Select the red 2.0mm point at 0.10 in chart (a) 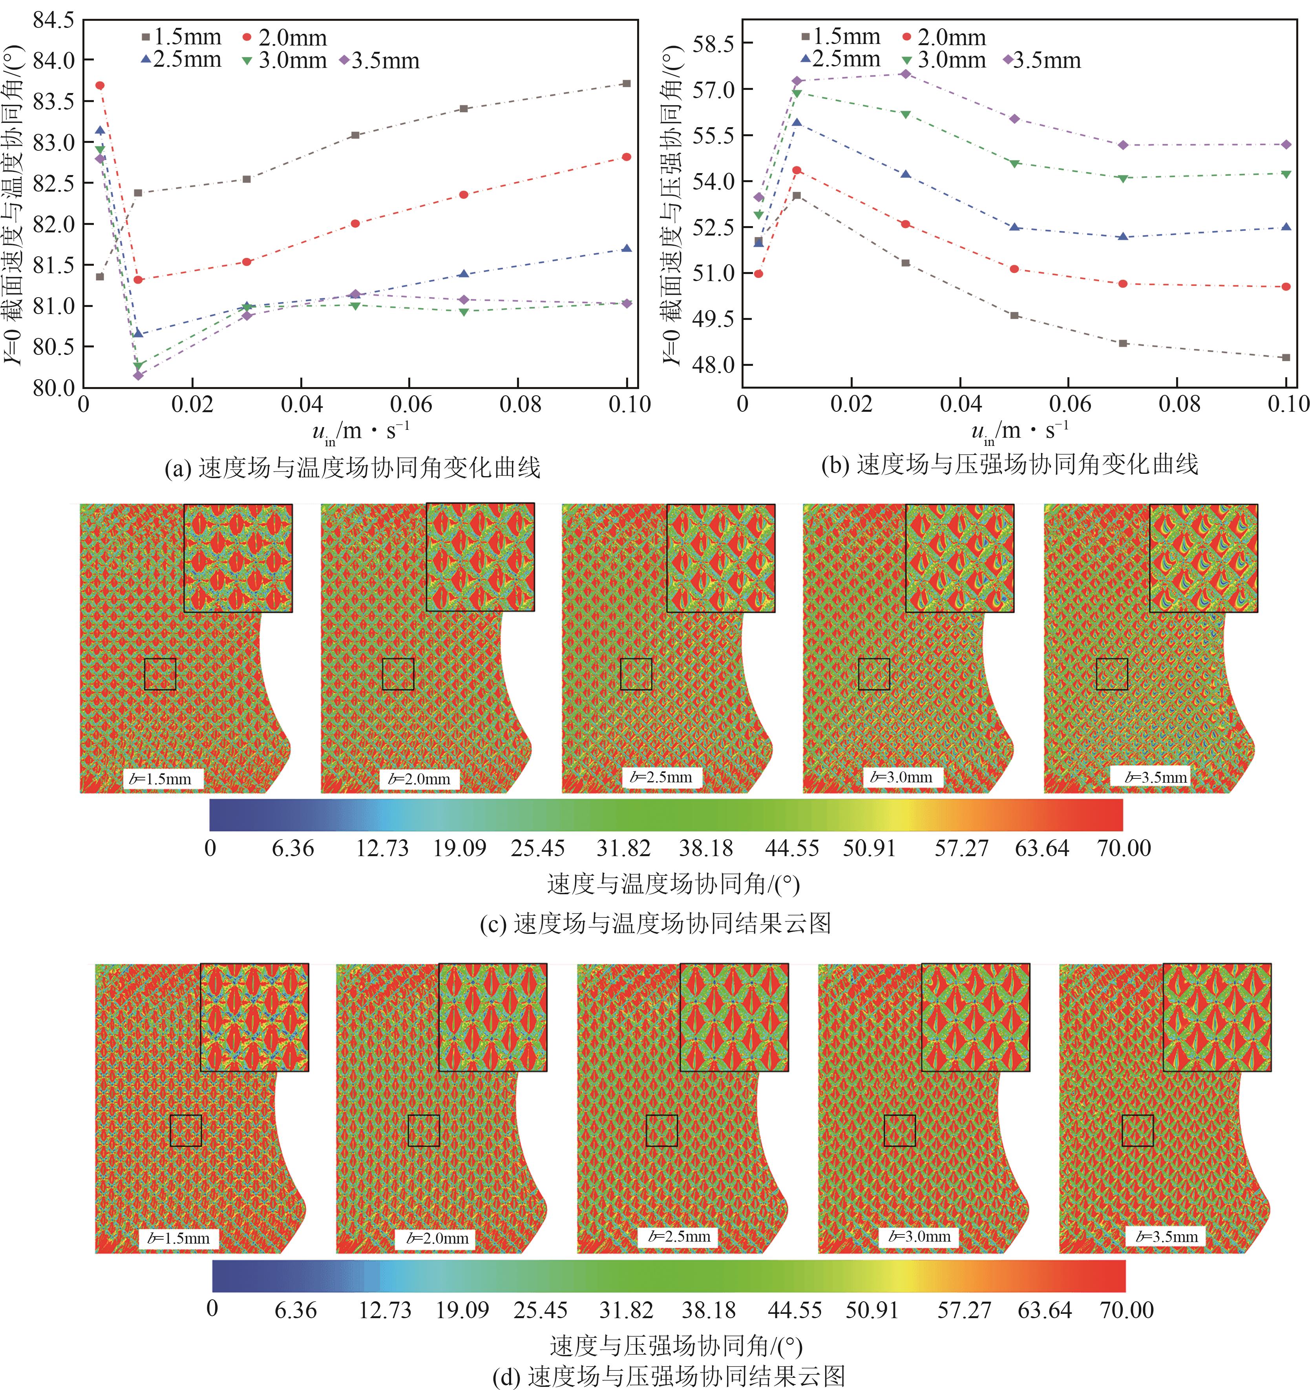(627, 157)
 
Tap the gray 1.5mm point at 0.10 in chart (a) (627, 83)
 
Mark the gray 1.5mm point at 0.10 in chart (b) (1286, 357)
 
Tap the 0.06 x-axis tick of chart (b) (1069, 404)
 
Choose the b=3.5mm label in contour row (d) (1166, 1237)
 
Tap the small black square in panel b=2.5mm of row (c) (636, 674)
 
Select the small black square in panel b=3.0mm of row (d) (899, 1131)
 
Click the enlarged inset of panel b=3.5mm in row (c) (1203, 558)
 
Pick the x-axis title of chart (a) (361, 431)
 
